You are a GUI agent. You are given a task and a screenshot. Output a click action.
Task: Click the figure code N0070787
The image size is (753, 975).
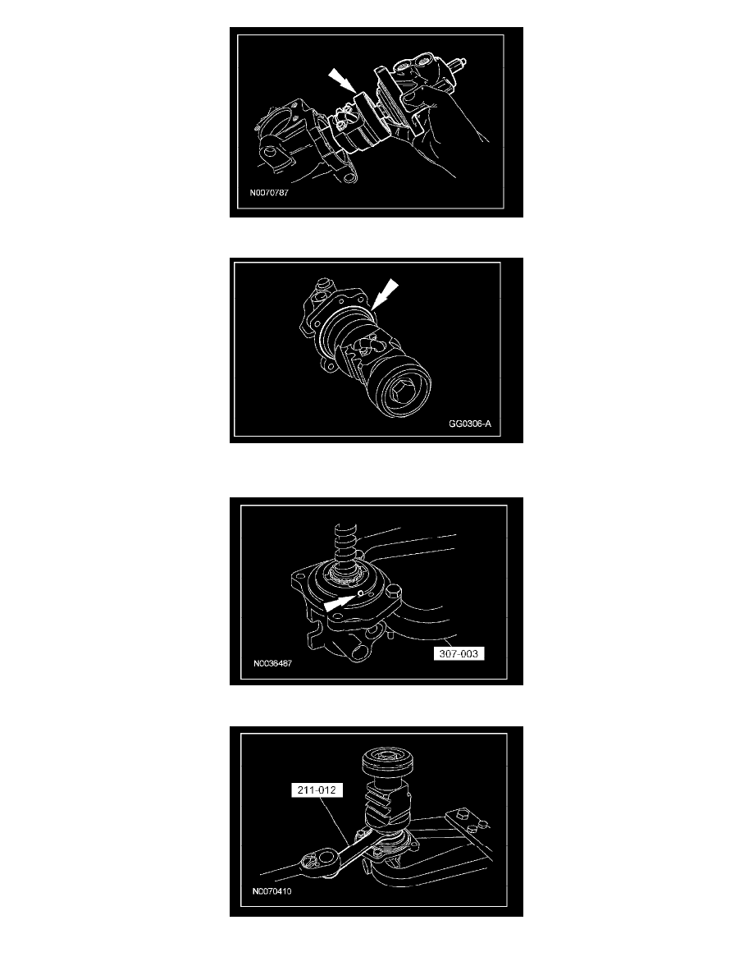point(269,193)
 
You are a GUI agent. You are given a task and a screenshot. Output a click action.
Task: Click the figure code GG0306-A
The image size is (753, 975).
point(470,424)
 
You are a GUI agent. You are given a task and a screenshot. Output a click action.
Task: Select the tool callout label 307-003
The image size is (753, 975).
point(459,653)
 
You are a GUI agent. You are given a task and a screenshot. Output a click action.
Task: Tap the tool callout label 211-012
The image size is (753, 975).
point(317,790)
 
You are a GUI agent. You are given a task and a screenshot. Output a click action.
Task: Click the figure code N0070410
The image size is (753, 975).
point(272,891)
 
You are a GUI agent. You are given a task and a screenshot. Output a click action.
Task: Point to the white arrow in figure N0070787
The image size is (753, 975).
point(342,81)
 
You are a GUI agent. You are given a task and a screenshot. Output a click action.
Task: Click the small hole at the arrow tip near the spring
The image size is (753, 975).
point(360,594)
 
